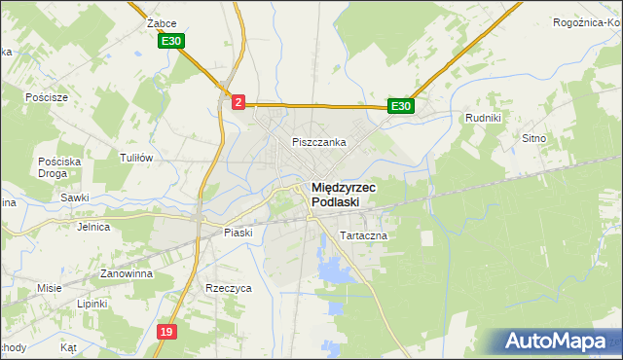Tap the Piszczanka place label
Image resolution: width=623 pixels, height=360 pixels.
click(319, 142)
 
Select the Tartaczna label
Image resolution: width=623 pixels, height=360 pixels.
click(364, 236)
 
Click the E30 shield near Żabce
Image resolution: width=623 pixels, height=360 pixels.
click(172, 41)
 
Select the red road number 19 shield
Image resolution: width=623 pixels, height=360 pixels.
click(166, 332)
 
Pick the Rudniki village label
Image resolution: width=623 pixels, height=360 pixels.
click(483, 119)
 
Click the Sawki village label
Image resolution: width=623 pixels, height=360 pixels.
click(74, 198)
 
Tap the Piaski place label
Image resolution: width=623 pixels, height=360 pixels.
click(238, 233)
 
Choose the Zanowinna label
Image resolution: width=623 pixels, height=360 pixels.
click(120, 274)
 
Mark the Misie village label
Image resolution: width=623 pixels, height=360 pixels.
click(50, 288)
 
